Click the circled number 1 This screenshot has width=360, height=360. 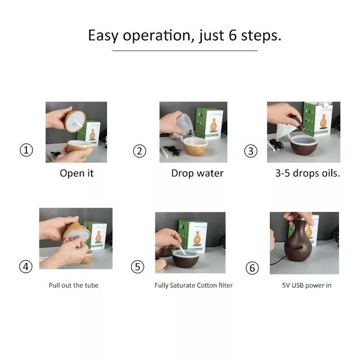[26, 150]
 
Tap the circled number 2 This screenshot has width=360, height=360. [139, 151]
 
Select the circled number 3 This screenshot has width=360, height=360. [251, 151]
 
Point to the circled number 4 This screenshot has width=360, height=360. [26, 267]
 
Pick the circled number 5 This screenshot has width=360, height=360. [138, 267]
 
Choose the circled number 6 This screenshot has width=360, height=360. [252, 268]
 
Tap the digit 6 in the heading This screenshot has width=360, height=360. [232, 36]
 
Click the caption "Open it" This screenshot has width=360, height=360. [77, 173]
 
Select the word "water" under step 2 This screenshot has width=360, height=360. [210, 173]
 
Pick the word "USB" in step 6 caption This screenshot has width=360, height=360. [298, 285]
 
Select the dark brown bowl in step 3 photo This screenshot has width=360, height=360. [304, 145]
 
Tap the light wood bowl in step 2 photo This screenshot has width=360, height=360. [195, 146]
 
